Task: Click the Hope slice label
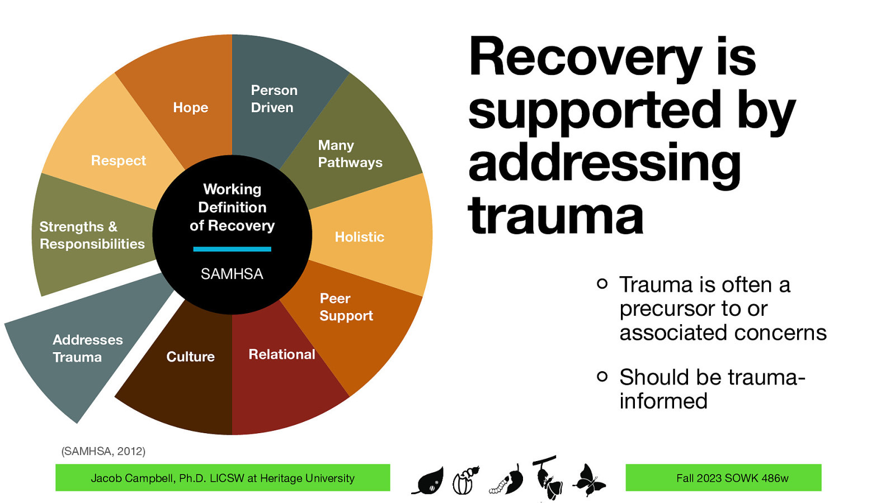(x=190, y=107)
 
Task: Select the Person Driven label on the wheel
(x=274, y=99)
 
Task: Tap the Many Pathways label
(x=350, y=154)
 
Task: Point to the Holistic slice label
(x=359, y=237)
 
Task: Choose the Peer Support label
(x=346, y=307)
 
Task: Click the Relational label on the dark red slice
(x=282, y=354)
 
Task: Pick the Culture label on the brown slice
(x=190, y=357)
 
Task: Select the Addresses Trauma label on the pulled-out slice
(x=87, y=348)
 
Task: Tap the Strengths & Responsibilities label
(x=92, y=235)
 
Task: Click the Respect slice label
(x=118, y=161)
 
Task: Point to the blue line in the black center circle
(x=232, y=249)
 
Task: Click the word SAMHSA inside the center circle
(x=232, y=274)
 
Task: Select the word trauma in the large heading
(x=555, y=217)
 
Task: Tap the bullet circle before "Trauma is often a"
(x=602, y=283)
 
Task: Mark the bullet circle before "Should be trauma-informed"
(x=602, y=376)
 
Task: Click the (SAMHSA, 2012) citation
(x=103, y=451)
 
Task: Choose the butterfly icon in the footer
(x=588, y=480)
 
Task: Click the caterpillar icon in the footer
(x=507, y=481)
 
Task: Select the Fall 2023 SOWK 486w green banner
(x=723, y=478)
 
